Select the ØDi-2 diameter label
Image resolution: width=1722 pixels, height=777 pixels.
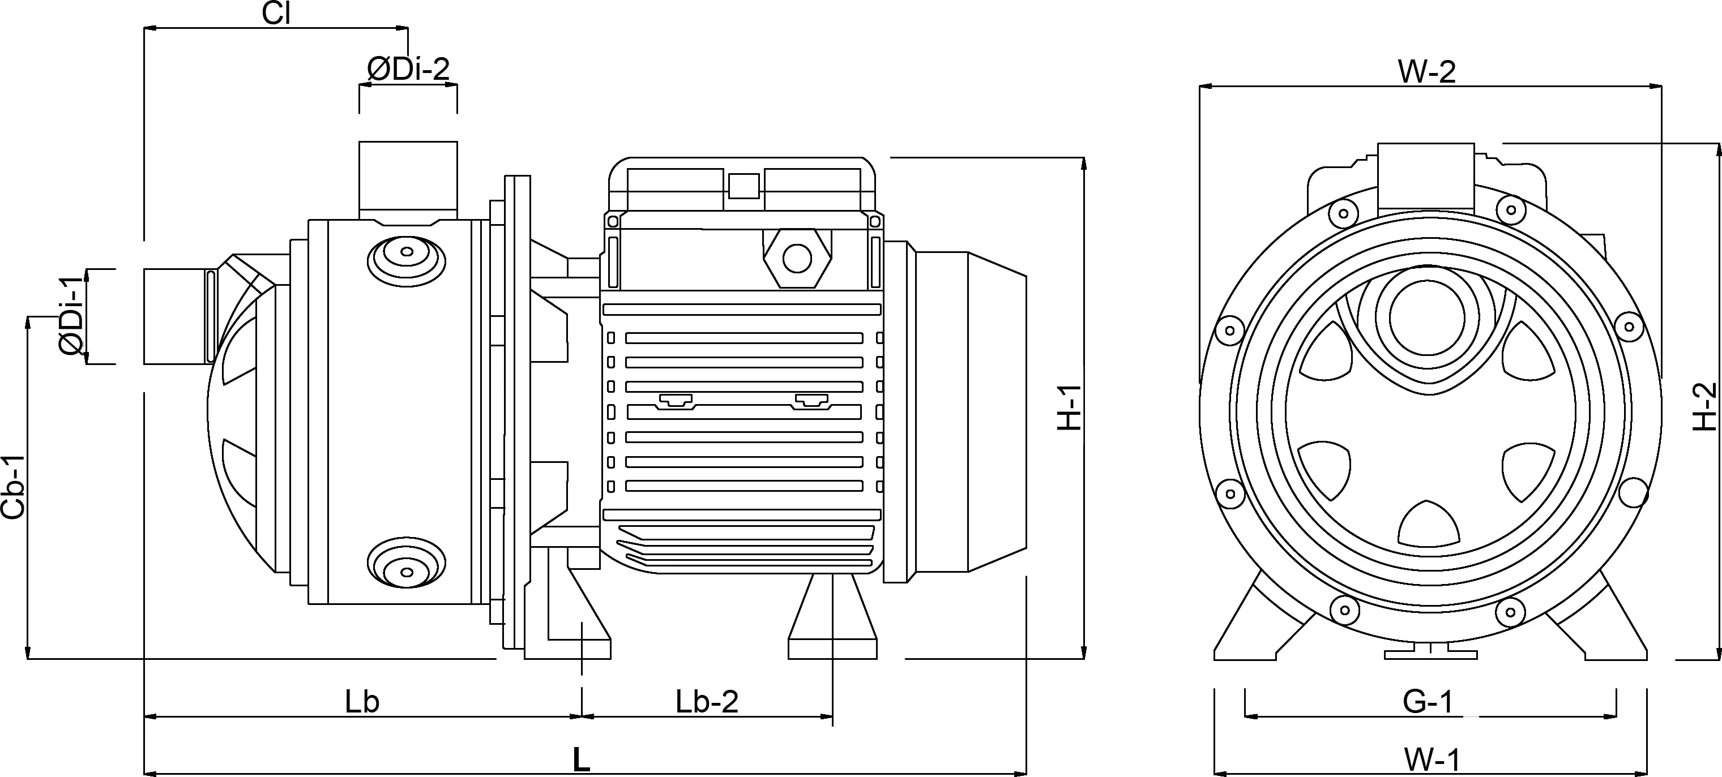pos(408,70)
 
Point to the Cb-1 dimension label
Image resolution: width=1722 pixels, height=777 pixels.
pos(14,487)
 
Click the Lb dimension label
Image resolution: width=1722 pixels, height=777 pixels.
pos(362,702)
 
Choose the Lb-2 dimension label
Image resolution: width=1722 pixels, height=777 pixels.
pos(707,702)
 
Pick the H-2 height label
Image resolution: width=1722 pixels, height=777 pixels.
pos(1704,406)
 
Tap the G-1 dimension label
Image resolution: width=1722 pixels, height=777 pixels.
pos(1428,702)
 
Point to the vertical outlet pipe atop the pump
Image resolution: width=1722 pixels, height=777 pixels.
pos(408,177)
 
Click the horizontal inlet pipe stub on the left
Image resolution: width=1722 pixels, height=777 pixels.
pos(174,316)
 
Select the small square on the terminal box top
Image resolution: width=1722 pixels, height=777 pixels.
pos(743,185)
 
